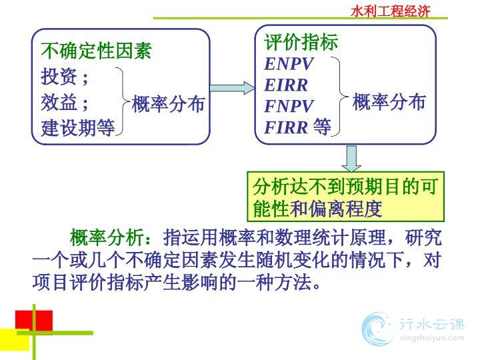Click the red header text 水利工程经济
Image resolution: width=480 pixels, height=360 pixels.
tap(390, 11)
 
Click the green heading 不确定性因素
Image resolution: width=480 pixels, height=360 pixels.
tap(96, 51)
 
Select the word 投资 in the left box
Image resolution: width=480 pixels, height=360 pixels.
tap(59, 76)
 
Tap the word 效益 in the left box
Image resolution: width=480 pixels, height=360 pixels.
tap(59, 102)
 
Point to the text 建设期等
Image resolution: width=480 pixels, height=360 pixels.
tap(78, 127)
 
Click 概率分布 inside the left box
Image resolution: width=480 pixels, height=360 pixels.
tap(168, 104)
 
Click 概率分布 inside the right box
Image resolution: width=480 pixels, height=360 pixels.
tap(389, 101)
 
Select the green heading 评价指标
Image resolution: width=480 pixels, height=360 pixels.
tap(301, 41)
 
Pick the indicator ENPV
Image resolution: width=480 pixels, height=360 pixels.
tap(289, 64)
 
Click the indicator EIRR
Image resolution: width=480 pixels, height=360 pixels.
tap(286, 85)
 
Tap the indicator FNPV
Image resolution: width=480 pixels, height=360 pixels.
tap(289, 106)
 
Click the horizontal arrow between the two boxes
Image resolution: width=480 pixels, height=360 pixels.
tap(233, 88)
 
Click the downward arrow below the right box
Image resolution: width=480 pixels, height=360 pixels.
tap(351, 159)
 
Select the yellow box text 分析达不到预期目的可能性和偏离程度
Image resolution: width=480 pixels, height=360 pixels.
tap(345, 197)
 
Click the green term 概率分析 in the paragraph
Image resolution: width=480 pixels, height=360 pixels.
tap(106, 237)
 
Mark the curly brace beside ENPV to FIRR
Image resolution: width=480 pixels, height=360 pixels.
tap(340, 97)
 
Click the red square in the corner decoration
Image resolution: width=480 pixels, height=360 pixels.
tap(34, 320)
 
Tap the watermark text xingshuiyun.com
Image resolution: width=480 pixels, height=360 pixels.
tap(432, 338)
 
